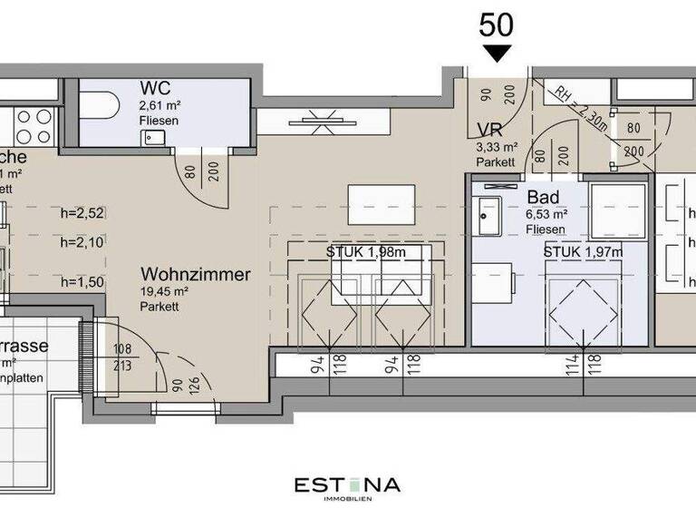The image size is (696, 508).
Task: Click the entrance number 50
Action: click(x=496, y=24)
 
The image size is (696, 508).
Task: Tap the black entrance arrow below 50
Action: click(x=496, y=54)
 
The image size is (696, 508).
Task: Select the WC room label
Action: click(x=153, y=88)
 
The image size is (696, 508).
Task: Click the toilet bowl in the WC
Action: click(x=99, y=106)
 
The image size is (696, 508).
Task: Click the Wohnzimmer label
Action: click(x=195, y=274)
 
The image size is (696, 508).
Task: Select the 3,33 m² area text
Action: click(x=497, y=146)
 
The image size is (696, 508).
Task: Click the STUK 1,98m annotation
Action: click(x=365, y=251)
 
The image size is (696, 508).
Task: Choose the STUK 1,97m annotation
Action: click(x=583, y=251)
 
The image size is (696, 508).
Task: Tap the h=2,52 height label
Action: click(x=83, y=215)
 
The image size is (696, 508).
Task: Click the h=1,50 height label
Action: click(x=83, y=282)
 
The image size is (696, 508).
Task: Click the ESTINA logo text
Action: click(x=347, y=484)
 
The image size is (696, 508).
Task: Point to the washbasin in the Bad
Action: click(x=493, y=213)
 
